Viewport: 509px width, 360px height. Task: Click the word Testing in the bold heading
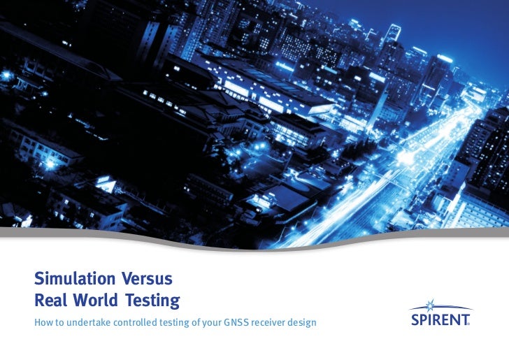[x=153, y=301]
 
